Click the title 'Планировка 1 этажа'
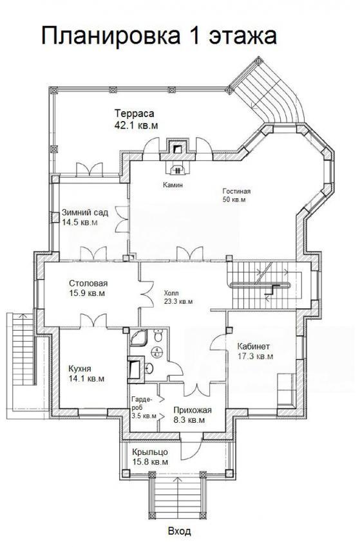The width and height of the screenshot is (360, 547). click(159, 35)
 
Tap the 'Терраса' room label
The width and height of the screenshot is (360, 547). click(135, 113)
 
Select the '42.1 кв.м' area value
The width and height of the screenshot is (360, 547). click(136, 125)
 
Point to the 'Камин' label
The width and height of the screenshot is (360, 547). click(173, 185)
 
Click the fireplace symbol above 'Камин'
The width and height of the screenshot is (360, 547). click(178, 169)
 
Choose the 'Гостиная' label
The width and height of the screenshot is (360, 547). click(236, 191)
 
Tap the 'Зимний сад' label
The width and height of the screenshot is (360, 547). click(85, 212)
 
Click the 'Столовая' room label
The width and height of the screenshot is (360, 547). click(88, 283)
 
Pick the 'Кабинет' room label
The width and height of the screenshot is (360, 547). click(254, 346)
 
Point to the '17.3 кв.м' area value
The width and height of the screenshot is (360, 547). click(255, 357)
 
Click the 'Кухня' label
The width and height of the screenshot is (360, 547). click(80, 368)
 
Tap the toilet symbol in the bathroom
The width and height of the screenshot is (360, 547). click(158, 335)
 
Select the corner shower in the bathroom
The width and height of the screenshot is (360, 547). click(138, 337)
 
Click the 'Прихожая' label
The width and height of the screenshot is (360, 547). click(193, 411)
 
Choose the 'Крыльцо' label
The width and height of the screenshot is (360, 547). click(150, 452)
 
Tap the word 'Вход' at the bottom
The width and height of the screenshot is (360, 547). click(180, 532)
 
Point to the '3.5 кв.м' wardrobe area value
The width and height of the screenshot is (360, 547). click(144, 416)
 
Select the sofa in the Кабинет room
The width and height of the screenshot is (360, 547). click(287, 391)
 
